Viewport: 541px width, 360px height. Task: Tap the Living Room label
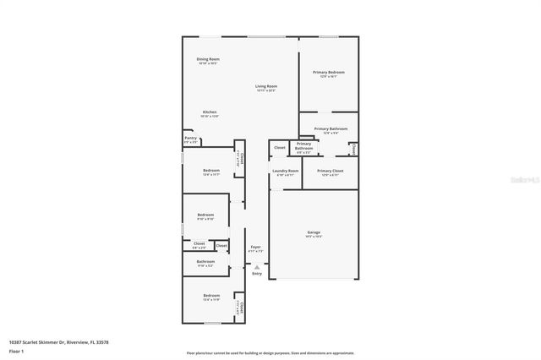pos(266,87)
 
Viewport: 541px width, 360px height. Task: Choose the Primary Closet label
pos(330,172)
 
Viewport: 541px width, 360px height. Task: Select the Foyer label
pos(255,248)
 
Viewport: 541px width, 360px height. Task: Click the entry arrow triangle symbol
pos(257,266)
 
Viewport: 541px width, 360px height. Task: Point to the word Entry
pos(257,274)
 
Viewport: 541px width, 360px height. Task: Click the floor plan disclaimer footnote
pos(270,352)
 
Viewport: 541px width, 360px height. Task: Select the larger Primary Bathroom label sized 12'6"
pos(325,130)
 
